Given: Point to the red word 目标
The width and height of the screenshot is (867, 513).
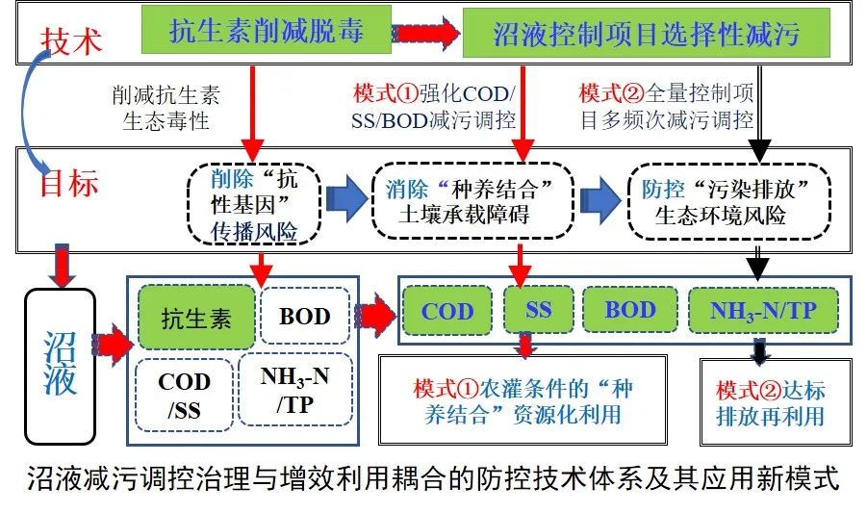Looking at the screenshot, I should tap(69, 182).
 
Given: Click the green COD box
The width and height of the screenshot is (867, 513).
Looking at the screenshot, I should tap(447, 312).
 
